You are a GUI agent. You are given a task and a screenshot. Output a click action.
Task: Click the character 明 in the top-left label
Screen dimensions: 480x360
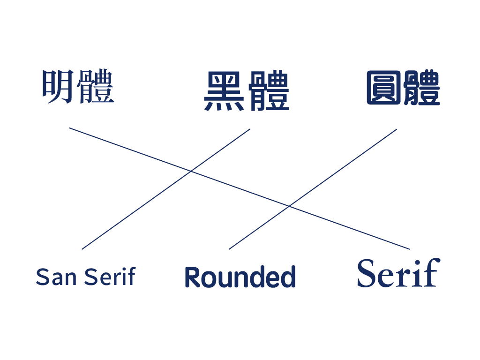58,87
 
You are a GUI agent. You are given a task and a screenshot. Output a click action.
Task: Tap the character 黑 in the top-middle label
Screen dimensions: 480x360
224,91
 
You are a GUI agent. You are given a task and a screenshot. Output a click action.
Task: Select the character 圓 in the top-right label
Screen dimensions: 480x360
383,88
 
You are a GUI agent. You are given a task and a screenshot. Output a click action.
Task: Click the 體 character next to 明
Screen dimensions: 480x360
96,86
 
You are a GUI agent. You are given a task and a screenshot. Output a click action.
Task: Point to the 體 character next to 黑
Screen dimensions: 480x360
269,90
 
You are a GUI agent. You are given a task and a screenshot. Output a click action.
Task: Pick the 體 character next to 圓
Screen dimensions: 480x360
422,88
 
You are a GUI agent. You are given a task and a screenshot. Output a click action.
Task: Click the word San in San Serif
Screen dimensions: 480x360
56,277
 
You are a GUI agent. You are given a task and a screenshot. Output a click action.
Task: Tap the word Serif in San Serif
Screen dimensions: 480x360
110,276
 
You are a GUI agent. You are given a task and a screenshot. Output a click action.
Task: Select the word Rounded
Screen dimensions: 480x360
240,277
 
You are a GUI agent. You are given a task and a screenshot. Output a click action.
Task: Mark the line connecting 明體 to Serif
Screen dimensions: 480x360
240,188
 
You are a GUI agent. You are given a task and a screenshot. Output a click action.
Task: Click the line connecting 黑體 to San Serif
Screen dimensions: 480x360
165,189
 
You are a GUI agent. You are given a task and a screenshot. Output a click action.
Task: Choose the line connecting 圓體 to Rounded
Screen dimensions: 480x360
313,189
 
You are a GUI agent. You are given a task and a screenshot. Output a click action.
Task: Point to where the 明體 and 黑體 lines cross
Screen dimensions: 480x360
191,171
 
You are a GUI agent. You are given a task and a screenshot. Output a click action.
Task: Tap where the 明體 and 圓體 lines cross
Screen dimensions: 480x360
289,206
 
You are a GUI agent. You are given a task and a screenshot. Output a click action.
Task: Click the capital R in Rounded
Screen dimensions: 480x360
194,277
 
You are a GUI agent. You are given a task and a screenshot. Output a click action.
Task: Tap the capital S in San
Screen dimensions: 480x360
42,277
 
